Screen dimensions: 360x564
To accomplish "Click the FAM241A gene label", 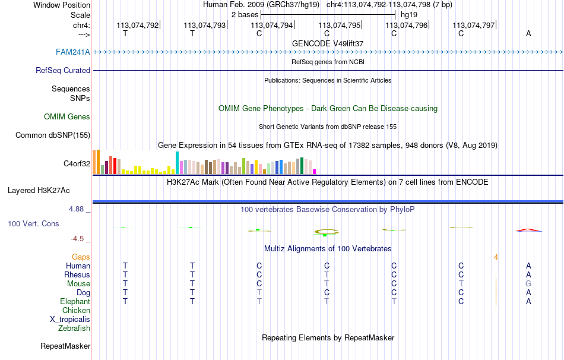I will tap(73, 52).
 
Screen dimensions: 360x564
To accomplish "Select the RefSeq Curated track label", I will tap(63, 70).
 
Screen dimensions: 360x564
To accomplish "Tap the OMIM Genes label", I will tap(67, 116).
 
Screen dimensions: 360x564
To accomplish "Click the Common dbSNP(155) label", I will tap(53, 135).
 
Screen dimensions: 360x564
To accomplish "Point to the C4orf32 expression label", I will tap(77, 163).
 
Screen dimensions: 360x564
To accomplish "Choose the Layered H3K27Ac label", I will tap(39, 191).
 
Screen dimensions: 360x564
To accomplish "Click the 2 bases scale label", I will tap(244, 14).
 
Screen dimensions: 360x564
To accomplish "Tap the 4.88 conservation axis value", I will tap(78, 209).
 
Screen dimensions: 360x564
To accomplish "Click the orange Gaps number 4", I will tap(496, 257).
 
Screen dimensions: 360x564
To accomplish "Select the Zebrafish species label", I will tap(74, 328).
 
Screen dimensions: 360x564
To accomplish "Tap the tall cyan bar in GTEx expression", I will tap(178, 163).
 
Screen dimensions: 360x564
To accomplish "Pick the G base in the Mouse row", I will tap(528, 283).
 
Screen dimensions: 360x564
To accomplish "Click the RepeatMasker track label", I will tap(65, 346).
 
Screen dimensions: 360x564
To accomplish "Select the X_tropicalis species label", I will tap(70, 319).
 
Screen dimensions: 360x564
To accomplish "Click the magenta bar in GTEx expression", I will tap(314, 172).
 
